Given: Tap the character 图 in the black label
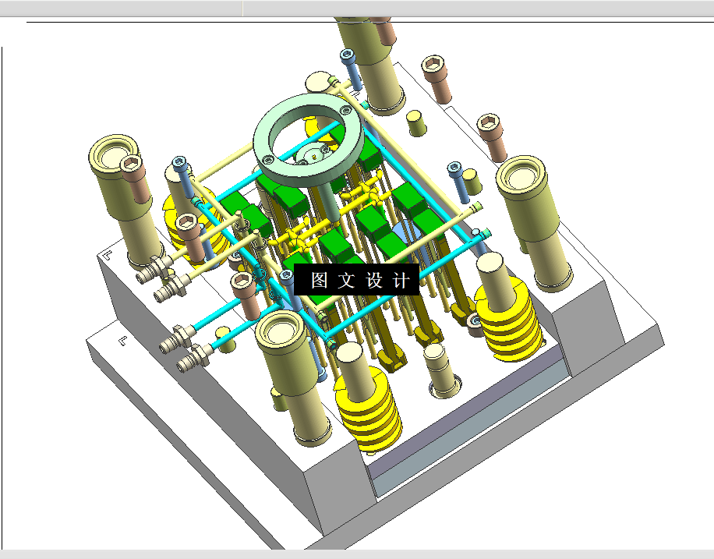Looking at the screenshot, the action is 320,280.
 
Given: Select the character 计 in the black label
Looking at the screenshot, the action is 401,280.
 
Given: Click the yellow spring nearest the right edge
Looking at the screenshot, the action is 509,319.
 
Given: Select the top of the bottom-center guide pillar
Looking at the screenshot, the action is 279,331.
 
